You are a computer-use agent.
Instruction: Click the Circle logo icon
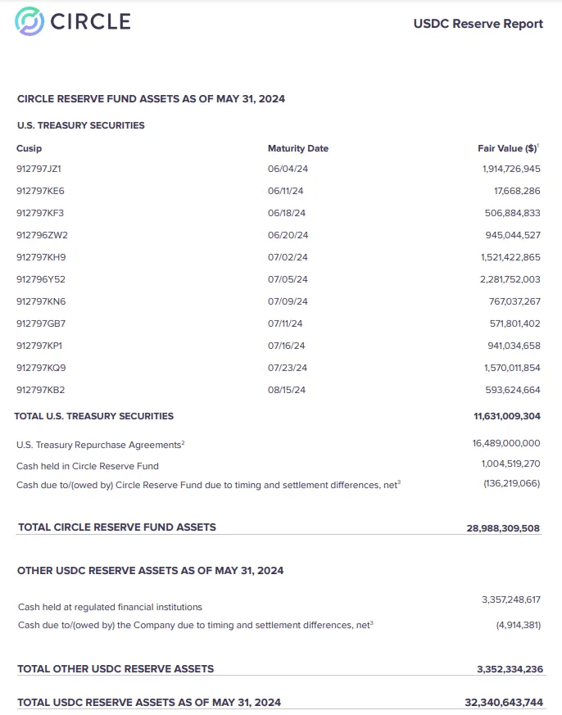pos(30,21)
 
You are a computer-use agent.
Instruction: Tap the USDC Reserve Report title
pos(478,24)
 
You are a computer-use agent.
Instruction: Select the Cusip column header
pos(29,148)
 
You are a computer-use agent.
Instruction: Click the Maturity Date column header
pos(297,148)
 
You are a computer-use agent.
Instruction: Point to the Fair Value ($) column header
pos(508,148)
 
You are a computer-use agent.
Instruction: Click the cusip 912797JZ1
pos(39,169)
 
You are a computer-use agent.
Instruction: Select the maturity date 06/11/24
pos(285,191)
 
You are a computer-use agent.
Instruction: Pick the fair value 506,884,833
pos(512,213)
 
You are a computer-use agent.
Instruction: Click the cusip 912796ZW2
pos(41,235)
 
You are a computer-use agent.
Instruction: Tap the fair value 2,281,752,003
pos(510,279)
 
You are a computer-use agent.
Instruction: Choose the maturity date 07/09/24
pos(287,301)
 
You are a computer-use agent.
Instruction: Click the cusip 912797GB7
pos(41,324)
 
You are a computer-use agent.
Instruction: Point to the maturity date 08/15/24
pos(286,390)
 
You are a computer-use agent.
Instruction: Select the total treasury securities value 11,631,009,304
pos(506,416)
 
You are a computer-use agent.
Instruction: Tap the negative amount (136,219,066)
pos(511,484)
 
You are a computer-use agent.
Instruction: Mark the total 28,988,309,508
pos(503,528)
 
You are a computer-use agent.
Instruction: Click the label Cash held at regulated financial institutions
pos(110,607)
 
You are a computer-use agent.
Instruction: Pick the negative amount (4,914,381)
pos(518,625)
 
